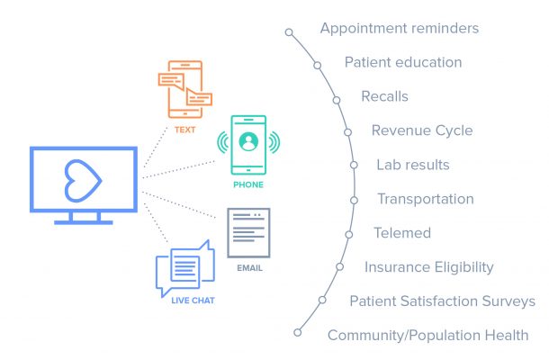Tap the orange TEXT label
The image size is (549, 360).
point(185,130)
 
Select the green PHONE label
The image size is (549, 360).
point(248,184)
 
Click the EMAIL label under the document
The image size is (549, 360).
point(249,268)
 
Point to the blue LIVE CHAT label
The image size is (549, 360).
point(193,301)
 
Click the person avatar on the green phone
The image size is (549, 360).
point(248,141)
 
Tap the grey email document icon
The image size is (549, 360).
point(248,233)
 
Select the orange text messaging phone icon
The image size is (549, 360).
point(185,89)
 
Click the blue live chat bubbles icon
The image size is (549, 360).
point(185,268)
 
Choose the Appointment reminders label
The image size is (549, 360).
point(400,29)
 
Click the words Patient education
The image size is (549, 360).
point(403,62)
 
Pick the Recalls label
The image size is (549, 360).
point(385,96)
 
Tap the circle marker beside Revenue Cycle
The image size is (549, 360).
point(347,132)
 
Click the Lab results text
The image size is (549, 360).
point(413,165)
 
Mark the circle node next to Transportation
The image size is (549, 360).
point(354,201)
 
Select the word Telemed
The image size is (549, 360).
point(402,233)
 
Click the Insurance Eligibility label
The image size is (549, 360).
point(429,267)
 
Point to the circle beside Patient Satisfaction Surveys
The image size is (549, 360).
point(322,300)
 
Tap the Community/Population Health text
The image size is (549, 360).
point(428,335)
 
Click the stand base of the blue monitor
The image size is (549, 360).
point(84,222)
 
